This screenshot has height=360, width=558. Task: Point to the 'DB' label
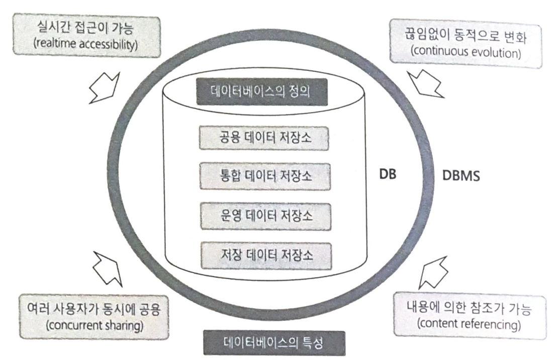coord(388,175)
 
